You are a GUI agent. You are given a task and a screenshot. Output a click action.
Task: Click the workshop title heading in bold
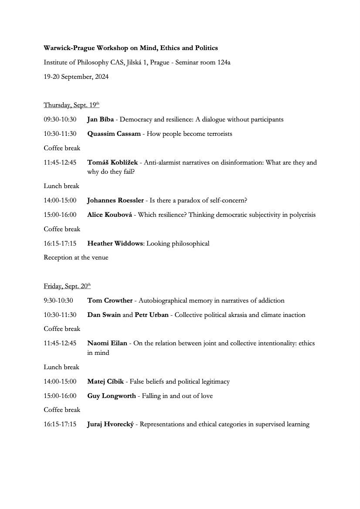[131, 48]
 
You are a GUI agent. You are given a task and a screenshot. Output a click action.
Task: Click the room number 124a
[224, 62]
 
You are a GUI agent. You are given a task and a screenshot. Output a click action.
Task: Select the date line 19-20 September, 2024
[76, 77]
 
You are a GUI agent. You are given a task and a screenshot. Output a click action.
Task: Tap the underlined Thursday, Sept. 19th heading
[71, 105]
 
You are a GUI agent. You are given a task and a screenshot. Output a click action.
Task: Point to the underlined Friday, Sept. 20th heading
[67, 287]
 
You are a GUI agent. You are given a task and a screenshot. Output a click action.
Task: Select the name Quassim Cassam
[114, 134]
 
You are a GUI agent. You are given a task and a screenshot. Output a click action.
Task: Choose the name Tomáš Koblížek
[112, 162]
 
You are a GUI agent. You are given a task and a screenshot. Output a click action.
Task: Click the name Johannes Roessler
[115, 200]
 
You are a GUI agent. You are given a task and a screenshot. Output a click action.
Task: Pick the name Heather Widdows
[115, 243]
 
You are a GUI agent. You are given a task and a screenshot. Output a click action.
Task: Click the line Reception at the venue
[76, 257]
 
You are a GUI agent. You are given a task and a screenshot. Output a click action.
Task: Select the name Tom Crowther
[110, 300]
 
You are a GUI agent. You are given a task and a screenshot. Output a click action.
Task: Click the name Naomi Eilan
[107, 343]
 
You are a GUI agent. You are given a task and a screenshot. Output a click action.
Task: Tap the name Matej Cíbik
[106, 381]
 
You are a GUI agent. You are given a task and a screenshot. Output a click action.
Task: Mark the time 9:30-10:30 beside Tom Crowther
[58, 300]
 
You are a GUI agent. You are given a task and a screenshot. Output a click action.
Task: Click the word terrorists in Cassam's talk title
[217, 134]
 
